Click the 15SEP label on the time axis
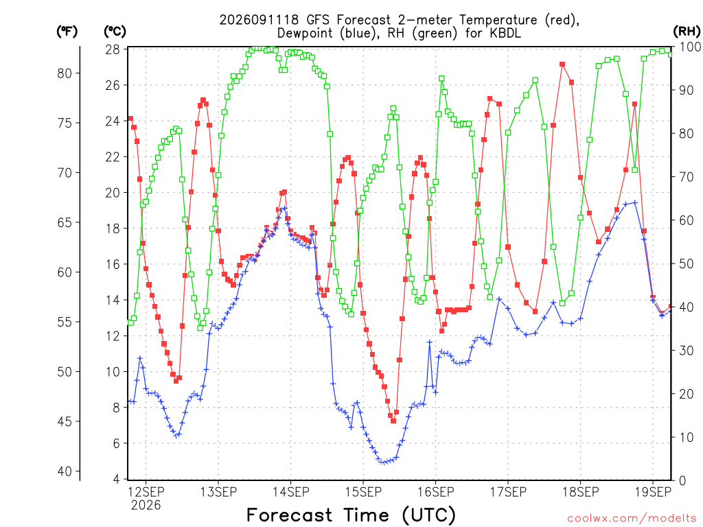coord(363,492)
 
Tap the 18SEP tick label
coord(581,492)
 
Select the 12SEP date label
coord(146,492)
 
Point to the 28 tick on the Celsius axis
coord(113,49)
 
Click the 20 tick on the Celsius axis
coord(113,193)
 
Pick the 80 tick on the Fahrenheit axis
coord(65,73)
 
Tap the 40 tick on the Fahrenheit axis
coord(65,471)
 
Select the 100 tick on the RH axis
coord(691,47)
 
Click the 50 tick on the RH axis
coord(687,263)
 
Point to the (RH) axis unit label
coord(687,31)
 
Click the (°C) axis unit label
coord(115,31)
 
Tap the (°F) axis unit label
coord(67,31)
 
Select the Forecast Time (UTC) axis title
coord(351,515)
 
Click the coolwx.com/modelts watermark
coord(632,519)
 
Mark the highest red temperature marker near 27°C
coord(562,65)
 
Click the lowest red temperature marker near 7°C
coord(393,421)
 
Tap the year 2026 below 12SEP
coord(146,506)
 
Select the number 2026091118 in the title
coord(259,20)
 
